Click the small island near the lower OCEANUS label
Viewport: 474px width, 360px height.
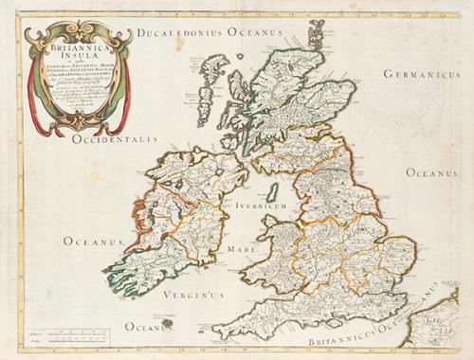point(169,323)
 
